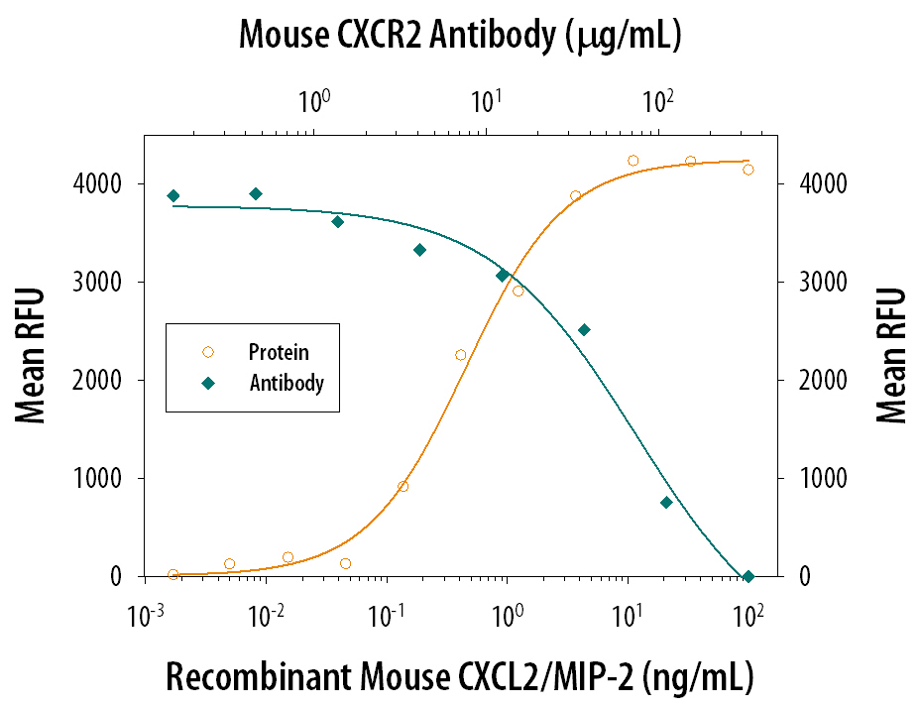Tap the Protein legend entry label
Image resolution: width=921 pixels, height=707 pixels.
pos(279,352)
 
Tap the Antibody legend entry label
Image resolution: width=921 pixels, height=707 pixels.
pos(287,382)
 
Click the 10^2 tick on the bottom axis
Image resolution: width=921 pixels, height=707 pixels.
pos(748,616)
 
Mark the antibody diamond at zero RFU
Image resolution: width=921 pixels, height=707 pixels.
pos(748,576)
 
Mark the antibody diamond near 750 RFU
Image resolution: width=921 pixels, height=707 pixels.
pos(666,502)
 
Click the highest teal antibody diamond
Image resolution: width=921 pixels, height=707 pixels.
pos(256,193)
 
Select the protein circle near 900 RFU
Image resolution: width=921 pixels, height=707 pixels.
pos(403,486)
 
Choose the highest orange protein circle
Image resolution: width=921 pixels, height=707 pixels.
pos(633,161)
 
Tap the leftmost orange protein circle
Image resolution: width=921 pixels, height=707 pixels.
pos(173,574)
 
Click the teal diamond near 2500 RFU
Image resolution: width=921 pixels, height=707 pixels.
pos(584,330)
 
